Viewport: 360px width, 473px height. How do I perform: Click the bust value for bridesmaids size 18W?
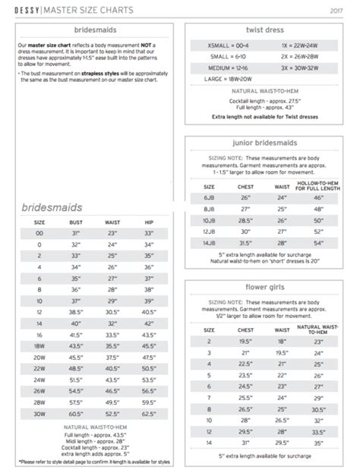click(x=76, y=345)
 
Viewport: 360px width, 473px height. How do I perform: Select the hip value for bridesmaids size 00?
click(x=149, y=234)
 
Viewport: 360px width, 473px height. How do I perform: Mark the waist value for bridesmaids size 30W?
click(x=112, y=413)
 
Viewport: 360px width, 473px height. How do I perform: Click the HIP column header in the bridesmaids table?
click(x=149, y=222)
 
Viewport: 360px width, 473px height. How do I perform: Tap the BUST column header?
click(x=76, y=222)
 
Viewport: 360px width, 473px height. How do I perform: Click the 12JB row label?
click(x=209, y=231)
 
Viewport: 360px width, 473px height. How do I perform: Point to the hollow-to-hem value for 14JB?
click(x=318, y=242)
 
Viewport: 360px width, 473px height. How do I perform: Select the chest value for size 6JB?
click(x=245, y=197)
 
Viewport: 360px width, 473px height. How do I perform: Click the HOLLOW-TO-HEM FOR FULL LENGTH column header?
click(x=318, y=184)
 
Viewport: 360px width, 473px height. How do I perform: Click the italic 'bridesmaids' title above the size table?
click(x=52, y=206)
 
